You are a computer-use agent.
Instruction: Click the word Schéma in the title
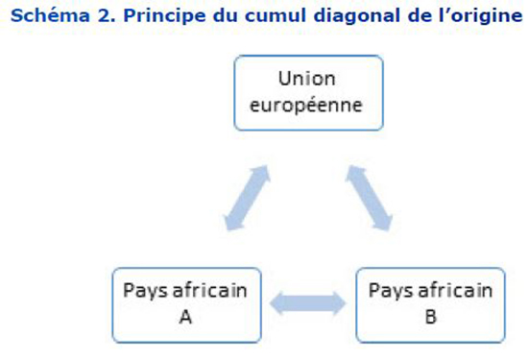(50, 15)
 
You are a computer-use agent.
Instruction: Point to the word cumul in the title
(276, 15)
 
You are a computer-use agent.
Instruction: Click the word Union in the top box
(307, 79)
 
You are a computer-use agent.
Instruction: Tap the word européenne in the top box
(306, 106)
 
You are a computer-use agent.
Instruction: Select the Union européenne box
(309, 93)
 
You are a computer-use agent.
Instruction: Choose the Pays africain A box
(187, 305)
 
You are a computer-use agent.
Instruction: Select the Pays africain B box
(431, 305)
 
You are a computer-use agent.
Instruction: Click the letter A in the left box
(186, 317)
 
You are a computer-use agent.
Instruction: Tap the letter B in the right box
(431, 317)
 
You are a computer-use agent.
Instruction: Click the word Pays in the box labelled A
(145, 291)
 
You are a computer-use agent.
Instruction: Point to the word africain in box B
(455, 290)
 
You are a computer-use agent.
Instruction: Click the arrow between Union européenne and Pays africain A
(248, 198)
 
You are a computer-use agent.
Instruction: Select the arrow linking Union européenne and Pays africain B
(369, 198)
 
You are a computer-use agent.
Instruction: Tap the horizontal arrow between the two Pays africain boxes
(308, 303)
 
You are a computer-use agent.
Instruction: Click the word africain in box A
(210, 290)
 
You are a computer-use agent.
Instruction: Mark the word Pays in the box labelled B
(391, 291)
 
